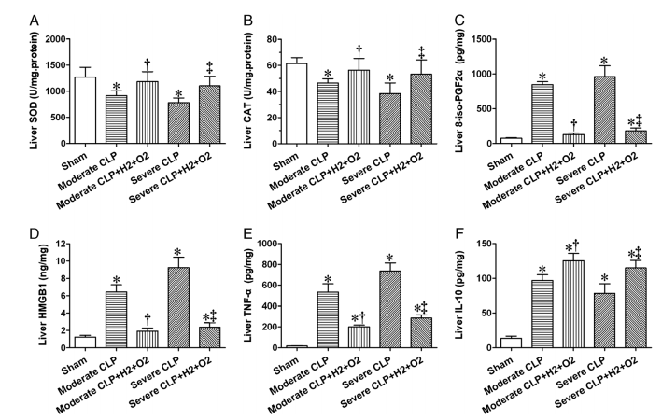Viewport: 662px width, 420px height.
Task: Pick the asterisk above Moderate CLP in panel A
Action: [115, 87]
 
